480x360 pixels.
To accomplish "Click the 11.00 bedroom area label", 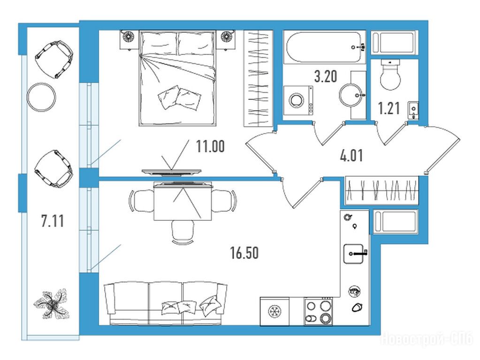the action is point(210,146).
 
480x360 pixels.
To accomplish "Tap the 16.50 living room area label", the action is point(244,253).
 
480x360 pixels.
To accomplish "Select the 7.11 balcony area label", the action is point(53,221).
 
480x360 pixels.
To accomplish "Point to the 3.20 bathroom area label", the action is point(326,76).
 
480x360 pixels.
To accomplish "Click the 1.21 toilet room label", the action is point(389,108).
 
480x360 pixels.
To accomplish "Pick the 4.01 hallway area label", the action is point(351,156).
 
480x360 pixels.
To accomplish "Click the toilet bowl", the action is point(390,75).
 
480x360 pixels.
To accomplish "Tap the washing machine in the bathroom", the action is point(298,100).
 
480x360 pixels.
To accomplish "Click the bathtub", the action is point(325,47).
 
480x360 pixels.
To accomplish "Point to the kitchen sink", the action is point(355,254).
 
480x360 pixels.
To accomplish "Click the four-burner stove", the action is point(319,311).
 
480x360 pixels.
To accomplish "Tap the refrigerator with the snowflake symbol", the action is point(274,311).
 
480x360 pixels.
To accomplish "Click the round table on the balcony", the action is point(41,97).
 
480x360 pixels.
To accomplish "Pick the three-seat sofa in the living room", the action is point(166,303).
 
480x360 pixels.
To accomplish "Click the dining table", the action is point(183,202).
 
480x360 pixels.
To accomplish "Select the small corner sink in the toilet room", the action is point(413,110).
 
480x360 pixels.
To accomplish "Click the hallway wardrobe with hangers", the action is point(382,190).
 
